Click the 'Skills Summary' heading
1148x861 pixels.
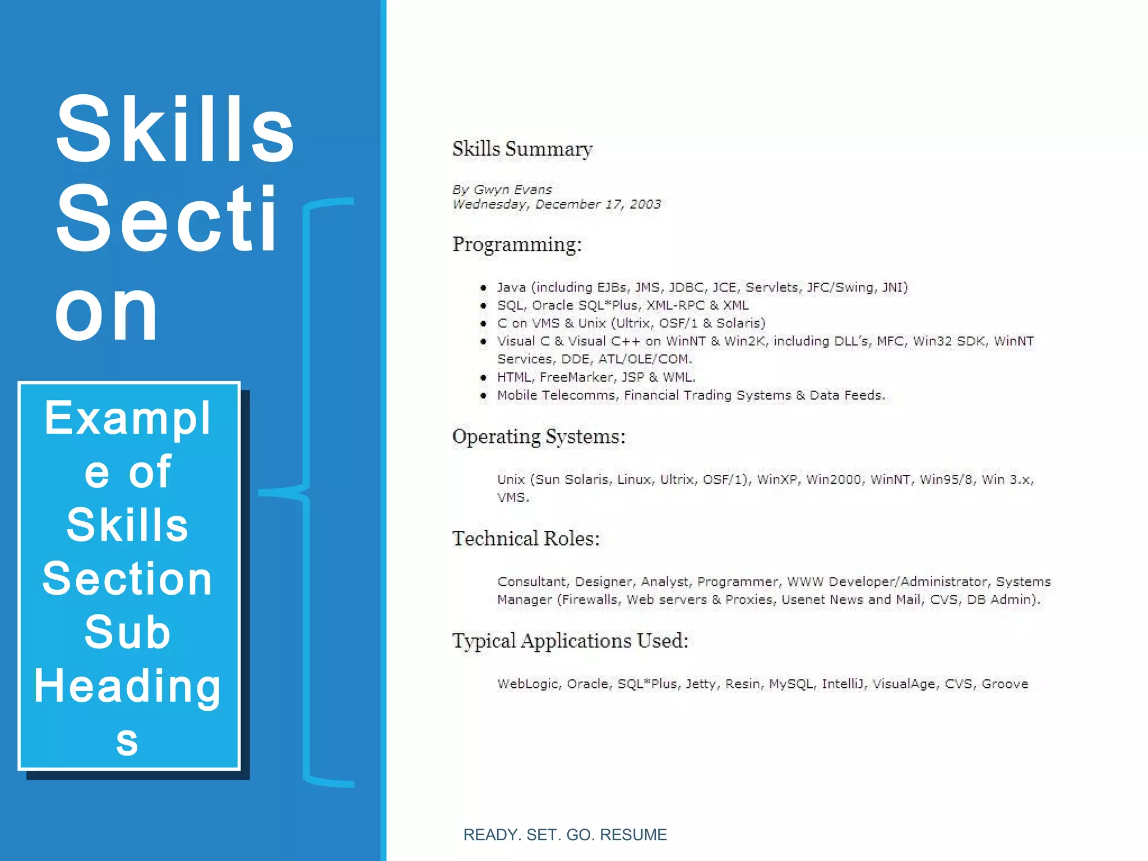click(x=522, y=149)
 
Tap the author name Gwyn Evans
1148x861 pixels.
click(x=512, y=189)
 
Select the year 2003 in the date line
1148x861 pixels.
click(x=645, y=204)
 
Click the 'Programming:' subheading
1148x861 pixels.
click(x=517, y=244)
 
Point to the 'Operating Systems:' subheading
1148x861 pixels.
click(x=538, y=437)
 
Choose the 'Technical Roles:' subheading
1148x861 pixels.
click(x=526, y=539)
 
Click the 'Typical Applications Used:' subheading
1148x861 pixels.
click(x=570, y=641)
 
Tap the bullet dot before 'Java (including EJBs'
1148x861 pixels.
click(x=483, y=288)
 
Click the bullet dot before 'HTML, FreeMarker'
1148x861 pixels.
click(x=483, y=378)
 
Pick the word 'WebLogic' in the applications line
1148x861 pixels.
click(x=527, y=684)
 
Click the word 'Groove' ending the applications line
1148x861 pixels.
click(x=1004, y=684)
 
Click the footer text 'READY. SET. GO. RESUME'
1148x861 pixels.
click(x=565, y=835)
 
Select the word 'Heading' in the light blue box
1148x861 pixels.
click(x=128, y=686)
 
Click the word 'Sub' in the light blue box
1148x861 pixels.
click(x=128, y=632)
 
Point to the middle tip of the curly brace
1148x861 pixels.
click(x=261, y=492)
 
